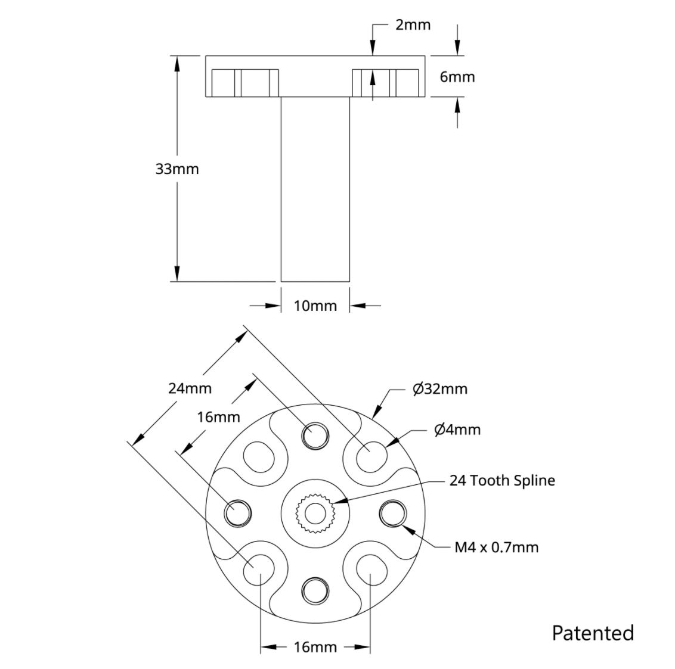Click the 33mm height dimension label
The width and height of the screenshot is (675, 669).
pos(177,169)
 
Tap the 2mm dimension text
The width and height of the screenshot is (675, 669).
pos(413,24)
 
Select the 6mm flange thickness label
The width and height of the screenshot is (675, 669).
pos(457,77)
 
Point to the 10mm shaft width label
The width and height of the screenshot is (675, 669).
pos(315,306)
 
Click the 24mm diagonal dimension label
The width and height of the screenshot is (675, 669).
pos(190,388)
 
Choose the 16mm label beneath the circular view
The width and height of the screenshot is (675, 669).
pos(315,647)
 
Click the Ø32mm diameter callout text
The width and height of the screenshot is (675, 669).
pos(440,389)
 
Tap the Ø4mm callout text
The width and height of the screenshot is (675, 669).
pos(457,429)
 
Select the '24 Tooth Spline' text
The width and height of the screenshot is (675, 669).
pos(501,480)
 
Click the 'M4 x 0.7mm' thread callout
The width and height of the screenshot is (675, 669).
pos(496,547)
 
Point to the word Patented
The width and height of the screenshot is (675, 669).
pos(593,633)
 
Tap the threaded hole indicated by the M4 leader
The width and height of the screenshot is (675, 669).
pos(394,512)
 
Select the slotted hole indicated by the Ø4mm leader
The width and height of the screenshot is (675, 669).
pos(371,455)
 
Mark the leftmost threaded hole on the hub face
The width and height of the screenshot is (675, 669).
pos(237,512)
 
